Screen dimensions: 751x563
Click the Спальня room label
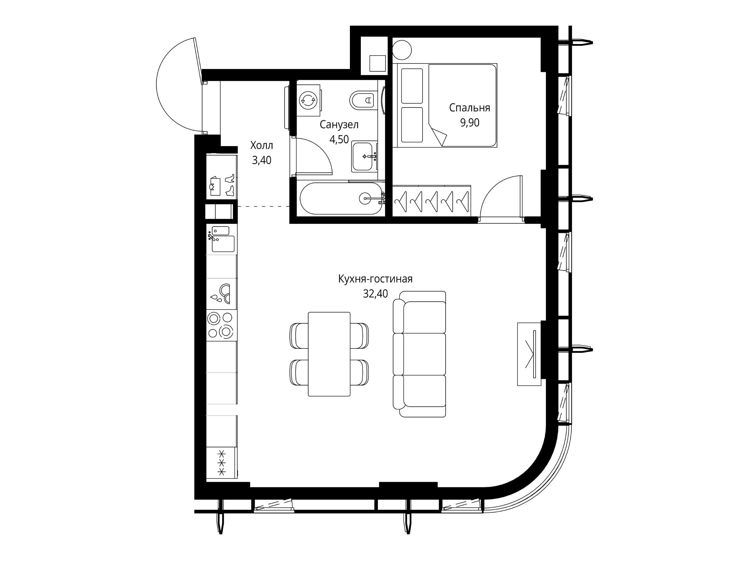coord(469,108)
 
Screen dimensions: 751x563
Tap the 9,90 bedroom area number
coord(470,122)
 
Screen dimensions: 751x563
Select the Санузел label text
coord(339,125)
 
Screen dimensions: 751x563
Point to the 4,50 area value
coord(339,139)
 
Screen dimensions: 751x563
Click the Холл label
coord(262,145)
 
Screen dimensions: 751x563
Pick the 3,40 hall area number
coord(262,160)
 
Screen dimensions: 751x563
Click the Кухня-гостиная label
coord(375,279)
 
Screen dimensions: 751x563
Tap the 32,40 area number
coord(375,293)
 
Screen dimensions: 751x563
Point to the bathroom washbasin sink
coord(364,157)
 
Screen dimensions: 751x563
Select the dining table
coord(329,354)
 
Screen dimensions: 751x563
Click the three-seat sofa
coord(420,354)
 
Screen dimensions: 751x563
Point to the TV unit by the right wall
coord(529,354)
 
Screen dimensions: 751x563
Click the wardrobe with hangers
coord(431,201)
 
